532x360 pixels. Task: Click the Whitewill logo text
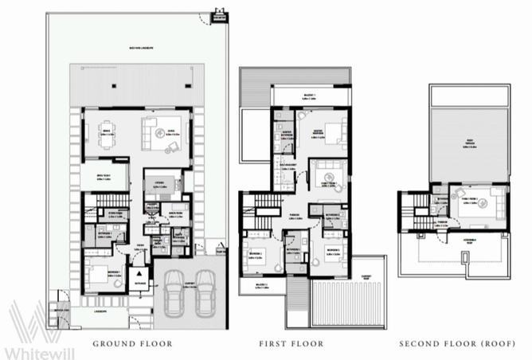(x=37, y=351)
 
